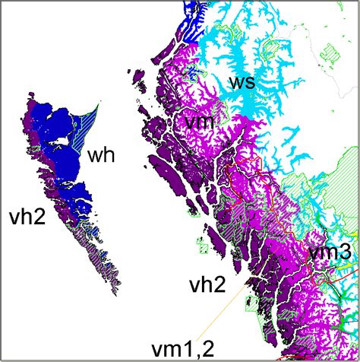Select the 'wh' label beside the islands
point(102,157)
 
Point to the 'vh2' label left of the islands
point(27,215)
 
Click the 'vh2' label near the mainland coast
point(207,285)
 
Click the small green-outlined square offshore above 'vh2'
point(203,246)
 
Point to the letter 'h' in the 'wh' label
point(109,157)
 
